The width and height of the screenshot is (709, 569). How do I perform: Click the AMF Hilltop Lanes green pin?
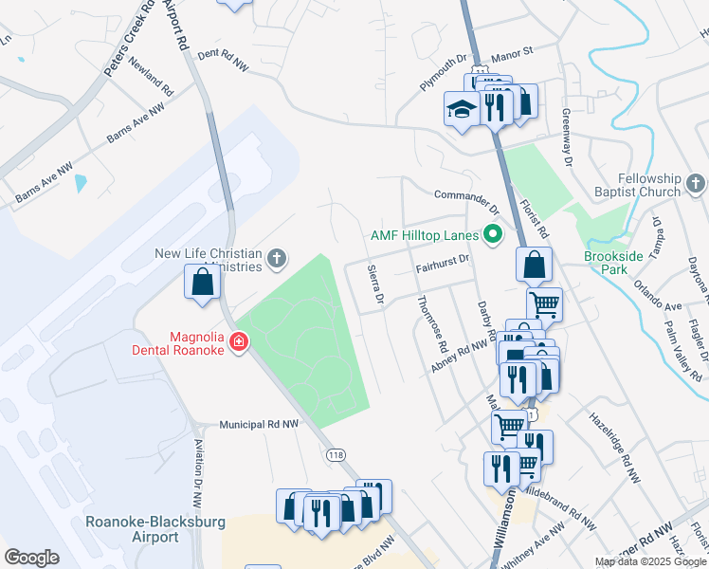[x=492, y=233]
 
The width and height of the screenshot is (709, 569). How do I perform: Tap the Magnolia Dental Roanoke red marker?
[x=239, y=341]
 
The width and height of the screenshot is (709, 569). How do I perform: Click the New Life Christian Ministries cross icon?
[x=276, y=257]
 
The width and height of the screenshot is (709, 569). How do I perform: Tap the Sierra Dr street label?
[x=374, y=285]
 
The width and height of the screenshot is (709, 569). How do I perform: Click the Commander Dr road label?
[x=466, y=200]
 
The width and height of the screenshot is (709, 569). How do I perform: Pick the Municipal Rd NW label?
[x=259, y=425]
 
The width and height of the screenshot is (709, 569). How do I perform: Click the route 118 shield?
[x=336, y=455]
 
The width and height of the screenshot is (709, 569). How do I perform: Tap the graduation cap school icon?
[x=462, y=110]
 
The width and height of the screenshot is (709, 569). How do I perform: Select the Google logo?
[x=31, y=557]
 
